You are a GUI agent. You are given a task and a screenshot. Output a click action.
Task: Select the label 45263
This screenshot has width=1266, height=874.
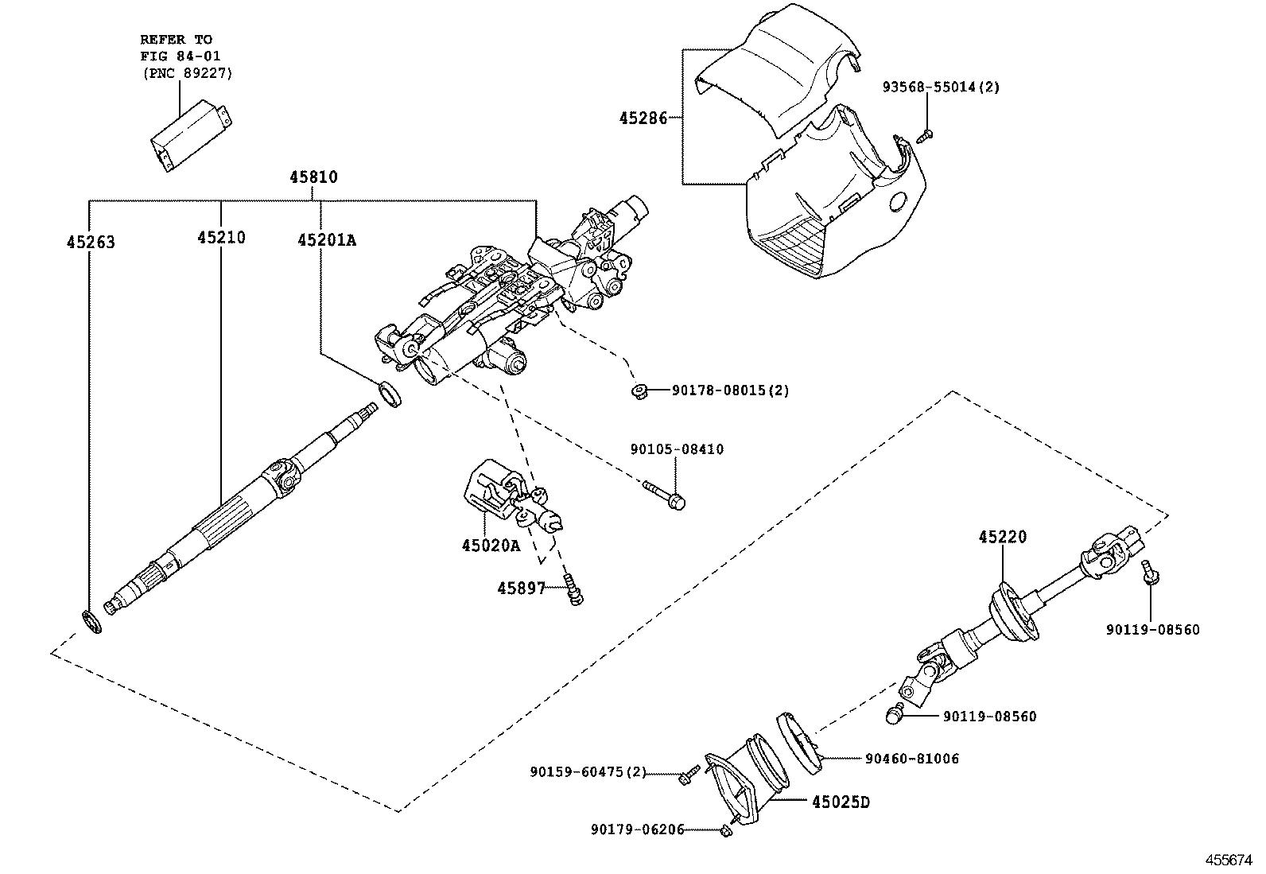coord(91,242)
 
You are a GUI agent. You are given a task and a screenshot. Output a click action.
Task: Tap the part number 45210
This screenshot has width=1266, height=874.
coord(221,237)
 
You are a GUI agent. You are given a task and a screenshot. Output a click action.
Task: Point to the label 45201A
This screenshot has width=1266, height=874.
coord(327,239)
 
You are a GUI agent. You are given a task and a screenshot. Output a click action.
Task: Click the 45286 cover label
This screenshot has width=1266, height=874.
coord(643,118)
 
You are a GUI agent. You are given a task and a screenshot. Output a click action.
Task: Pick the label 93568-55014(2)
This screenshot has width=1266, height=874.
coord(941,87)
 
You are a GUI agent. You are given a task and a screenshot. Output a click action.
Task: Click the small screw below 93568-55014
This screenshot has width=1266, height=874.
coord(924,136)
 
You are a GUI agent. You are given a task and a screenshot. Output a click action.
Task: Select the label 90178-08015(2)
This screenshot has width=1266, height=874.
coord(731,390)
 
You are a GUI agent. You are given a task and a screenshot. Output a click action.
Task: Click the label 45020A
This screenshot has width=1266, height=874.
coord(490,546)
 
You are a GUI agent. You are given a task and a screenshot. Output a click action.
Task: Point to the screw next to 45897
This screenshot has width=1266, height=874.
coord(572,589)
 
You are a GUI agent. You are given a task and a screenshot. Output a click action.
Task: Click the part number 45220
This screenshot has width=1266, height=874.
coord(1002,538)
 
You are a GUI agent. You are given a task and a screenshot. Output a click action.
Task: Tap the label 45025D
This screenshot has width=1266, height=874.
coord(841,802)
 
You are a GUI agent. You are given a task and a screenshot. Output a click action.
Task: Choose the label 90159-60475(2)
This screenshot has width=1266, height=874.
coord(588,771)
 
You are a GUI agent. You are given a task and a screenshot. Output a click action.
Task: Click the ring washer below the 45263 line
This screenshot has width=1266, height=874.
coord(91,621)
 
